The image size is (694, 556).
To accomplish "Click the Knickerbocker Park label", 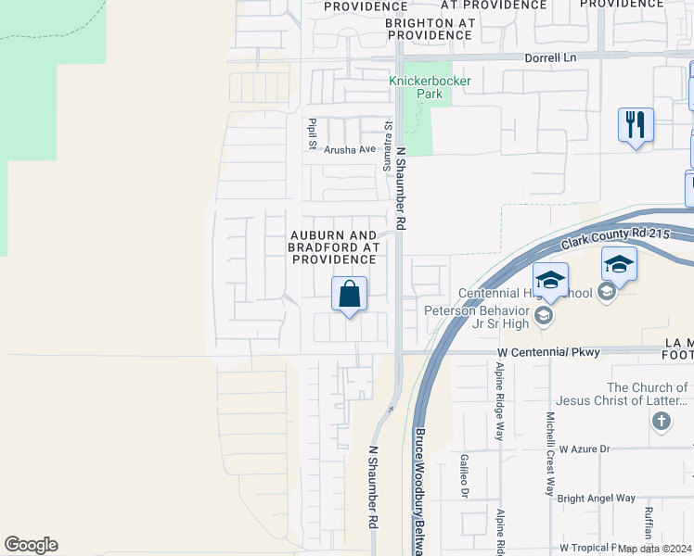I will click(430, 87).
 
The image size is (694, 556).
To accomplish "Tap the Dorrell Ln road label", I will click(550, 57).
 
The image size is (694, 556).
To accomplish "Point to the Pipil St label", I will click(313, 134).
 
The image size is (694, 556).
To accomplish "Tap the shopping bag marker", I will click(349, 295).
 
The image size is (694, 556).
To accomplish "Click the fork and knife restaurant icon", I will click(636, 124).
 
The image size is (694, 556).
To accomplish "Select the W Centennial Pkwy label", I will click(549, 352).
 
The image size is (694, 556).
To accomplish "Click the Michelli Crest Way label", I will click(550, 454).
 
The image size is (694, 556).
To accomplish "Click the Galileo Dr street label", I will click(463, 475).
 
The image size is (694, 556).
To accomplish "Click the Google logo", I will click(31, 545).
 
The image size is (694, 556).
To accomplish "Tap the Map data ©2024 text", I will click(654, 548).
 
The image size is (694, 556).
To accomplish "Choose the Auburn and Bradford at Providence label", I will click(333, 247).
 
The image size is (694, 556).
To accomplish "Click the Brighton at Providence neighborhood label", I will click(430, 28).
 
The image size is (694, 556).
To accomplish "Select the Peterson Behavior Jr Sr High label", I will click(477, 317).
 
